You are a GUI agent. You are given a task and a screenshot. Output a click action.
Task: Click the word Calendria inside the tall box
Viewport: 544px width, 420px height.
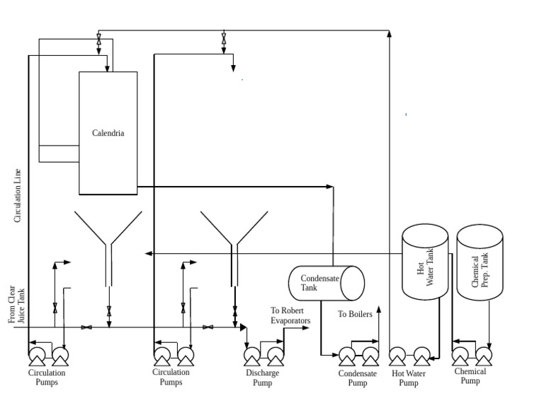point(108,133)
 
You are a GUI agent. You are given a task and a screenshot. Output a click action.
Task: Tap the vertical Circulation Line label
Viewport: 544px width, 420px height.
point(18,196)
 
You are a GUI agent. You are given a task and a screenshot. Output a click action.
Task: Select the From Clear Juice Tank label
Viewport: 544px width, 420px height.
point(16,305)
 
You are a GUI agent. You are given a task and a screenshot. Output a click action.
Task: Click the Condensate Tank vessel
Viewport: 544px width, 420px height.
point(326,283)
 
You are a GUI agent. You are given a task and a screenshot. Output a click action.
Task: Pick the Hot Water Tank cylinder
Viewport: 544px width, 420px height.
point(425,262)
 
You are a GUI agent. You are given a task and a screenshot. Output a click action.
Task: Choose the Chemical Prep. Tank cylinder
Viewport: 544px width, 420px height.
point(480,263)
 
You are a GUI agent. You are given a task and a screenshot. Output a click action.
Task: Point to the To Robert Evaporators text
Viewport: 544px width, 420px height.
point(290,315)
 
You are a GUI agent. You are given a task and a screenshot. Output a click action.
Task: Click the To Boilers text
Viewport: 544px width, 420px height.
point(355,314)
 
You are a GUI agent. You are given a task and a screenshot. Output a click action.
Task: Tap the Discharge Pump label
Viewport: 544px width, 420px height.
point(262,378)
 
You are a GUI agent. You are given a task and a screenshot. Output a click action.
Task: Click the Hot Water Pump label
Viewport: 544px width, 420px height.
point(409,378)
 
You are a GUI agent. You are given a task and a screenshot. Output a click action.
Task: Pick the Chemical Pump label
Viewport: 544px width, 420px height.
point(470,375)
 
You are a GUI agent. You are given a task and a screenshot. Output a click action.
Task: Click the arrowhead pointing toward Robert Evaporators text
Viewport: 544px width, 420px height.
point(307,328)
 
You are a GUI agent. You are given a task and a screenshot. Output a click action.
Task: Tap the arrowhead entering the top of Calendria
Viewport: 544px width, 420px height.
point(107,69)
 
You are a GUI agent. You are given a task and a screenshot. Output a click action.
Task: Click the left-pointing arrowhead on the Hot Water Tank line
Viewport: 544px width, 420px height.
point(147,253)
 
